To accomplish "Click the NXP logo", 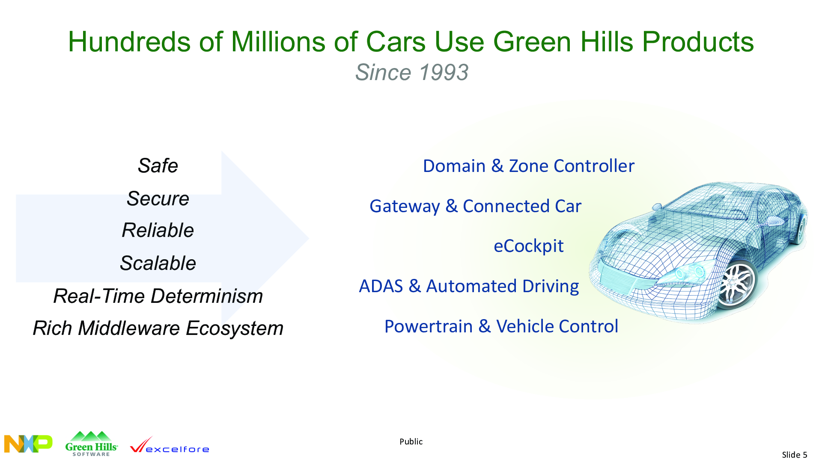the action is [28, 444].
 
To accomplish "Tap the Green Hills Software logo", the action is [91, 444].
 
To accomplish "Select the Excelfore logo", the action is [170, 445].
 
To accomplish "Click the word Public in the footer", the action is [411, 441].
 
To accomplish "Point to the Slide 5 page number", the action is [795, 455].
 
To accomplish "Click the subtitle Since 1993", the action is [412, 72].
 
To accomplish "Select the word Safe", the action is [158, 166].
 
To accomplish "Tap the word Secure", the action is [158, 198].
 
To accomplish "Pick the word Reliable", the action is [158, 230].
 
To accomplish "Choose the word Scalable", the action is [158, 263].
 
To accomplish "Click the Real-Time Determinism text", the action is [158, 296].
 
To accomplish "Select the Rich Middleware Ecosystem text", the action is [158, 329].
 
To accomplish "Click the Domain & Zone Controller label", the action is [529, 166].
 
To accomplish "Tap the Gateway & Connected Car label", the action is [476, 206].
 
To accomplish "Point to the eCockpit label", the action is [529, 246].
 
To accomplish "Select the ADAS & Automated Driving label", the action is [469, 286].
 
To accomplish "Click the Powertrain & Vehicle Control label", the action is [501, 326].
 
